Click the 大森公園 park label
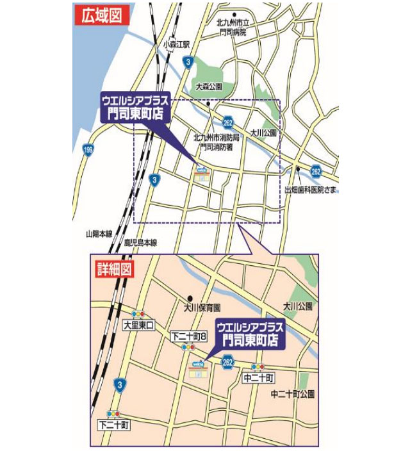pos(208,85)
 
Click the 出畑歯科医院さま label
pos(311,190)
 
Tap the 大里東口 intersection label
pos(138,325)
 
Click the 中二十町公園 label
pos(293,394)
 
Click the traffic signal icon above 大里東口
pos(138,315)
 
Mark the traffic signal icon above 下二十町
pos(115,414)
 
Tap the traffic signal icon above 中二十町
pos(258,367)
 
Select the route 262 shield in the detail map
pos(227,363)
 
